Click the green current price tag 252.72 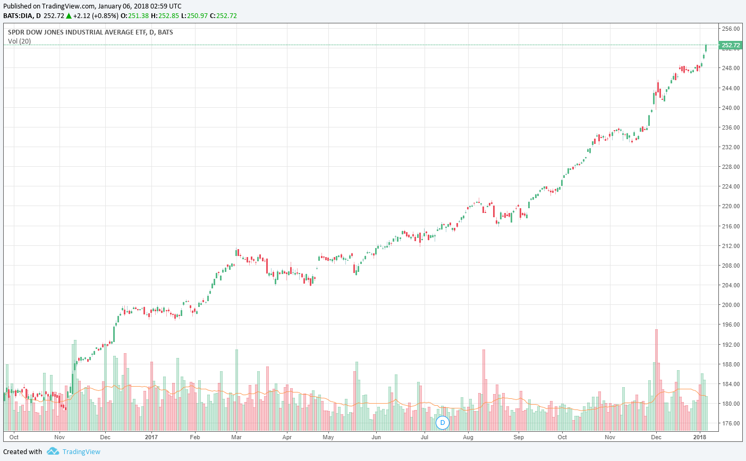pyautogui.click(x=731, y=45)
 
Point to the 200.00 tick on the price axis pyautogui.click(x=731, y=305)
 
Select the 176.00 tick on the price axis pyautogui.click(x=731, y=423)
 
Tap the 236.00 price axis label pyautogui.click(x=731, y=127)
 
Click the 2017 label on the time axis pyautogui.click(x=151, y=437)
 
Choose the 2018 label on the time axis pyautogui.click(x=700, y=437)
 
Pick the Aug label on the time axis pyautogui.click(x=468, y=437)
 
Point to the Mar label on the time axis pyautogui.click(x=236, y=437)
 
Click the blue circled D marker pyautogui.click(x=442, y=423)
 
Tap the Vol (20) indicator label pyautogui.click(x=19, y=41)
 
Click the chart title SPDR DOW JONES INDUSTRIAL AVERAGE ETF pyautogui.click(x=74, y=32)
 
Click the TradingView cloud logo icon pyautogui.click(x=53, y=451)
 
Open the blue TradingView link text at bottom pyautogui.click(x=81, y=452)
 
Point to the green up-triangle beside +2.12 pyautogui.click(x=69, y=15)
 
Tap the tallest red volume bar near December pyautogui.click(x=657, y=380)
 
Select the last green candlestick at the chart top pyautogui.click(x=706, y=48)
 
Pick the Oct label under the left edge pyautogui.click(x=14, y=437)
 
